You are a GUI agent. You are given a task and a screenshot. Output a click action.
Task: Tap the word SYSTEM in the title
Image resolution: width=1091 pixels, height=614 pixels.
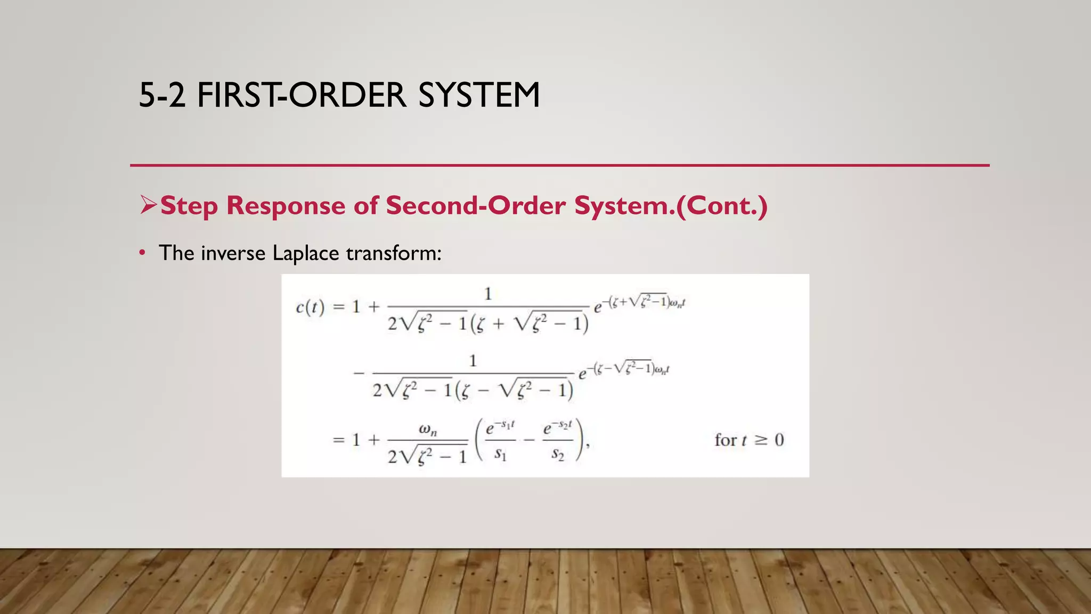pyautogui.click(x=479, y=95)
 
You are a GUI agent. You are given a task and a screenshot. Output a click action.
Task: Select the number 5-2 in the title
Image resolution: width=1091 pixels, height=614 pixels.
pyautogui.click(x=162, y=95)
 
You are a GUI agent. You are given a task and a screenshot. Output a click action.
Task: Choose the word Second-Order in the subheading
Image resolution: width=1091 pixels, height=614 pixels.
pyautogui.click(x=476, y=206)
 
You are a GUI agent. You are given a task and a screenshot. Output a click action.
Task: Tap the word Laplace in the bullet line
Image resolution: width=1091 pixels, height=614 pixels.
pyautogui.click(x=305, y=253)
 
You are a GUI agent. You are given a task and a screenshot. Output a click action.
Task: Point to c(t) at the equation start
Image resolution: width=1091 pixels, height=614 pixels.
pyautogui.click(x=310, y=308)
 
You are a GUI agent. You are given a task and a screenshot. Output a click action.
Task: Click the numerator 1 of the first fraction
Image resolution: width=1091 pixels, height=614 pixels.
pyautogui.click(x=487, y=294)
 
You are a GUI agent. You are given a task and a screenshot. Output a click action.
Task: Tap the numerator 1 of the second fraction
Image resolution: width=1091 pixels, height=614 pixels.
pyautogui.click(x=473, y=361)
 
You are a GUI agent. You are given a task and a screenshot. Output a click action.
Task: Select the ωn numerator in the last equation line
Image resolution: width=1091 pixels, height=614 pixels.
pyautogui.click(x=428, y=429)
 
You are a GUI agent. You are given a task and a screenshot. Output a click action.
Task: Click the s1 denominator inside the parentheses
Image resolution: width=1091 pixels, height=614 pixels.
pyautogui.click(x=500, y=454)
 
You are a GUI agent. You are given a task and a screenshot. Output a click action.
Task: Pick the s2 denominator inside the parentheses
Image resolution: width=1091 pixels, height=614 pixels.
pyautogui.click(x=557, y=454)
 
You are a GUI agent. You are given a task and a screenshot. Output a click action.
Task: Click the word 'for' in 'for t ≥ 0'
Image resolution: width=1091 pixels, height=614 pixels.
pyautogui.click(x=726, y=440)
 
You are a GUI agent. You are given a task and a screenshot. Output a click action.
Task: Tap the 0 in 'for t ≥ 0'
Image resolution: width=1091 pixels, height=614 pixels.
pyautogui.click(x=779, y=440)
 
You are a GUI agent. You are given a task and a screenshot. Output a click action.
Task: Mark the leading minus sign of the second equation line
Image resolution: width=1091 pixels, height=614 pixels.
pyautogui.click(x=359, y=373)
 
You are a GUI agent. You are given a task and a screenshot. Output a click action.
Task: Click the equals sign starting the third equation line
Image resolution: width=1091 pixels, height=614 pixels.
pyautogui.click(x=339, y=440)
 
